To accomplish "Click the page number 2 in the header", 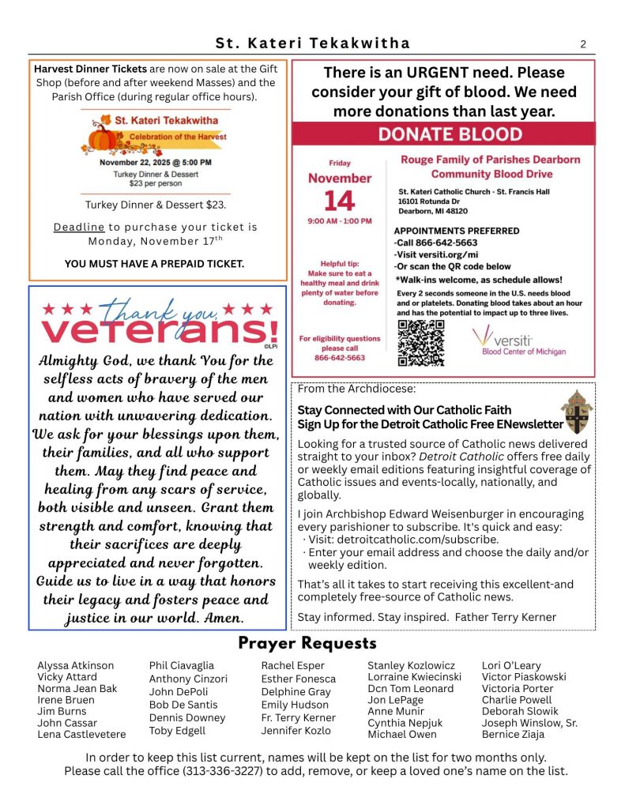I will point(583,44).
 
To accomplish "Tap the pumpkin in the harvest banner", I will point(104,137).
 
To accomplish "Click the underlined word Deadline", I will point(79,228).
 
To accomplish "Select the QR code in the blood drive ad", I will point(421,342).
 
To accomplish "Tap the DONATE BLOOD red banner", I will point(450,134).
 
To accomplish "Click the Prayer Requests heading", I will point(307,644).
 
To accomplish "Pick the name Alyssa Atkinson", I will point(76,666).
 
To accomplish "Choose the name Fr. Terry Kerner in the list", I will point(298,718).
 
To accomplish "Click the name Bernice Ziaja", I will point(514,735).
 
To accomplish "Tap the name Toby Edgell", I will point(177,732).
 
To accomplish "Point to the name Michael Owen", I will point(401,735).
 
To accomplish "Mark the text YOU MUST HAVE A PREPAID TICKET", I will point(155,263).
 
